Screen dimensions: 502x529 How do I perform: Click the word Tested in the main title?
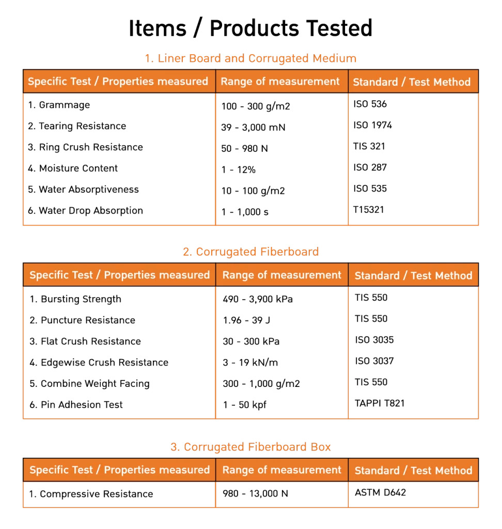[x=339, y=28]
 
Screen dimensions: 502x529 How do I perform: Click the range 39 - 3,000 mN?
[x=254, y=127]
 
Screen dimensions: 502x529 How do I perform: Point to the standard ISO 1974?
[x=373, y=125]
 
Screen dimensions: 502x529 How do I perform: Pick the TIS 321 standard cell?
[x=369, y=146]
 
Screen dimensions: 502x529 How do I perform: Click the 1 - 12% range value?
[x=239, y=169]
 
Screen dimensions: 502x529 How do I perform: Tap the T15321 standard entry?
[x=369, y=210]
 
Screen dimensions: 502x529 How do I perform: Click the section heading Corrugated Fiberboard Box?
[x=250, y=447]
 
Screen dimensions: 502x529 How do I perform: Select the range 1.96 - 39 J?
[x=247, y=320]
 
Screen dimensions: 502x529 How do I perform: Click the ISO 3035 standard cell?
[x=374, y=340]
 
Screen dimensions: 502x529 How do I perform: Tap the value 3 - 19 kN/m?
[x=250, y=362]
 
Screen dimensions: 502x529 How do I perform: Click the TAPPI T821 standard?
[x=380, y=403]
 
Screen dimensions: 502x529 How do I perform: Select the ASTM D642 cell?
[x=381, y=492]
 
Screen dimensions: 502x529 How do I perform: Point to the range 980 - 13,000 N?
[x=255, y=493]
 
